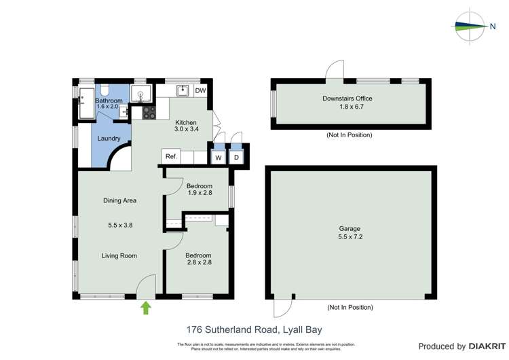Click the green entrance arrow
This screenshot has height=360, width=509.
tap(146, 309)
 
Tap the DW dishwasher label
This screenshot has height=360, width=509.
tap(200, 91)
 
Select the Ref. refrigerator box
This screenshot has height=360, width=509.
tap(171, 157)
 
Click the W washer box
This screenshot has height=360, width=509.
tap(219, 158)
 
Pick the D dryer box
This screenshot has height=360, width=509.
tap(236, 158)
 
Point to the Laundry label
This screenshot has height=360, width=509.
tap(109, 139)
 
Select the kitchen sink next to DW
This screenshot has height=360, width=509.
tap(182, 90)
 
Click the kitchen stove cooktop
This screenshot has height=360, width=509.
tap(149, 112)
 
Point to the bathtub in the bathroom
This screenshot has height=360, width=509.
tap(86, 103)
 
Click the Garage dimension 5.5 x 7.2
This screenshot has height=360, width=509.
tap(350, 237)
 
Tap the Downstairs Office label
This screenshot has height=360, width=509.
tap(347, 98)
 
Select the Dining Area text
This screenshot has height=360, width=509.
tap(119, 200)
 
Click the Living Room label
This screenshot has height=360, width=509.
tap(119, 256)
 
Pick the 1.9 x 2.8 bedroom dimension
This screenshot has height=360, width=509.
tap(199, 194)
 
